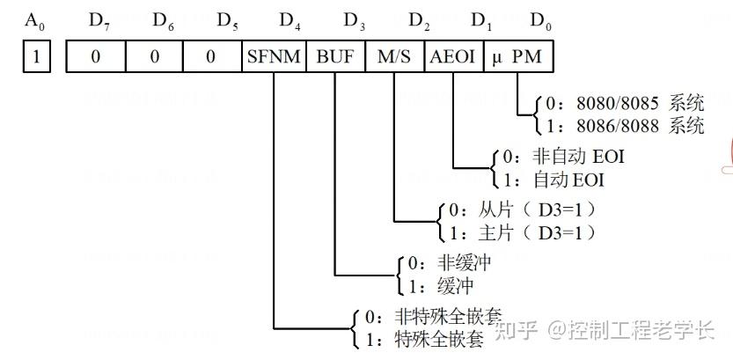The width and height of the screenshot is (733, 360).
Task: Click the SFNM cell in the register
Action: [x=275, y=56]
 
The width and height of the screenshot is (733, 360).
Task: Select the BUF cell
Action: [x=335, y=56]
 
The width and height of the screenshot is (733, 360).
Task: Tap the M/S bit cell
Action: [x=394, y=56]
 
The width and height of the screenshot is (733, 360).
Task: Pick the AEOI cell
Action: [x=453, y=56]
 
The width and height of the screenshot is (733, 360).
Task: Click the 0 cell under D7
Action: [x=95, y=56]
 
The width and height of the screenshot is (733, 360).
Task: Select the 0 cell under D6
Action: [x=154, y=56]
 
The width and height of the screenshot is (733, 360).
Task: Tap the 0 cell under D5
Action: [x=212, y=56]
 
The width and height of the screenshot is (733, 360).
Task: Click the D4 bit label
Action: [x=288, y=20]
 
